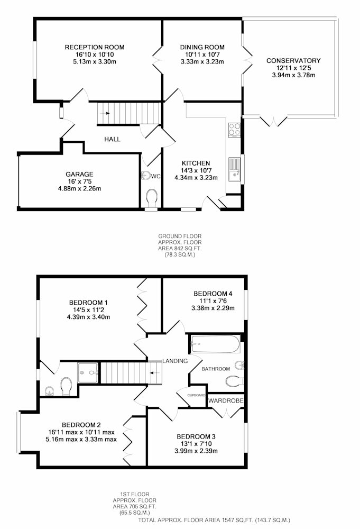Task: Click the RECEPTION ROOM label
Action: pos(95,47)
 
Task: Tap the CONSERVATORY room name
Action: pos(293,61)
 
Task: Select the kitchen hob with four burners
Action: pos(235,130)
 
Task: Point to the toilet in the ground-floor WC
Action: pos(151,197)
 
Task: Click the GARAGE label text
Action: pos(79,174)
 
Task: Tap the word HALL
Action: pos(112,139)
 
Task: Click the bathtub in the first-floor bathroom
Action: pos(215,344)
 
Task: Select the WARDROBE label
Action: pos(226,401)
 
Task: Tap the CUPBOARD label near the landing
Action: pos(197,395)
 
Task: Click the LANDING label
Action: pos(175,361)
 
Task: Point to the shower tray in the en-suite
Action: pos(88,372)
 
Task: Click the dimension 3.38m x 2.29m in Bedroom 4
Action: pos(213,308)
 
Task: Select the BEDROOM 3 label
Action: pos(196,436)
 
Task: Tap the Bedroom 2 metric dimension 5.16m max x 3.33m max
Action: pos(81,439)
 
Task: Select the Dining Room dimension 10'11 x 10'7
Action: pos(202,54)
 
